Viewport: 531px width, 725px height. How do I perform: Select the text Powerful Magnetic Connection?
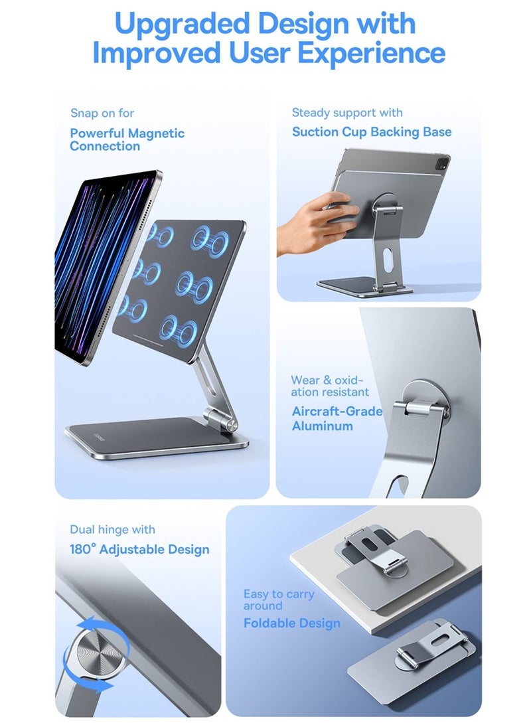[x=127, y=139]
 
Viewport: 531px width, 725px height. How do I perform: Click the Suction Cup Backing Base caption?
[x=372, y=131]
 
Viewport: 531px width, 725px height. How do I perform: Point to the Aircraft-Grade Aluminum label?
[x=337, y=418]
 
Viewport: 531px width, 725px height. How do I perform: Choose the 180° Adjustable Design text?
[x=139, y=549]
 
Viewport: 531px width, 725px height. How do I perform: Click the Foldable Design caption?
[x=291, y=623]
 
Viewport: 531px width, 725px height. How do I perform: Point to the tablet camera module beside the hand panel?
[x=434, y=162]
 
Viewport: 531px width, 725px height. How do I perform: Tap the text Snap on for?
[x=102, y=114]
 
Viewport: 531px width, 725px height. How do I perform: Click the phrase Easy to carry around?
[x=278, y=600]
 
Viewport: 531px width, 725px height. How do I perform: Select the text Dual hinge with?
[x=112, y=530]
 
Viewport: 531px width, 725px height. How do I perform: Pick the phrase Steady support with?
[x=347, y=113]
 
